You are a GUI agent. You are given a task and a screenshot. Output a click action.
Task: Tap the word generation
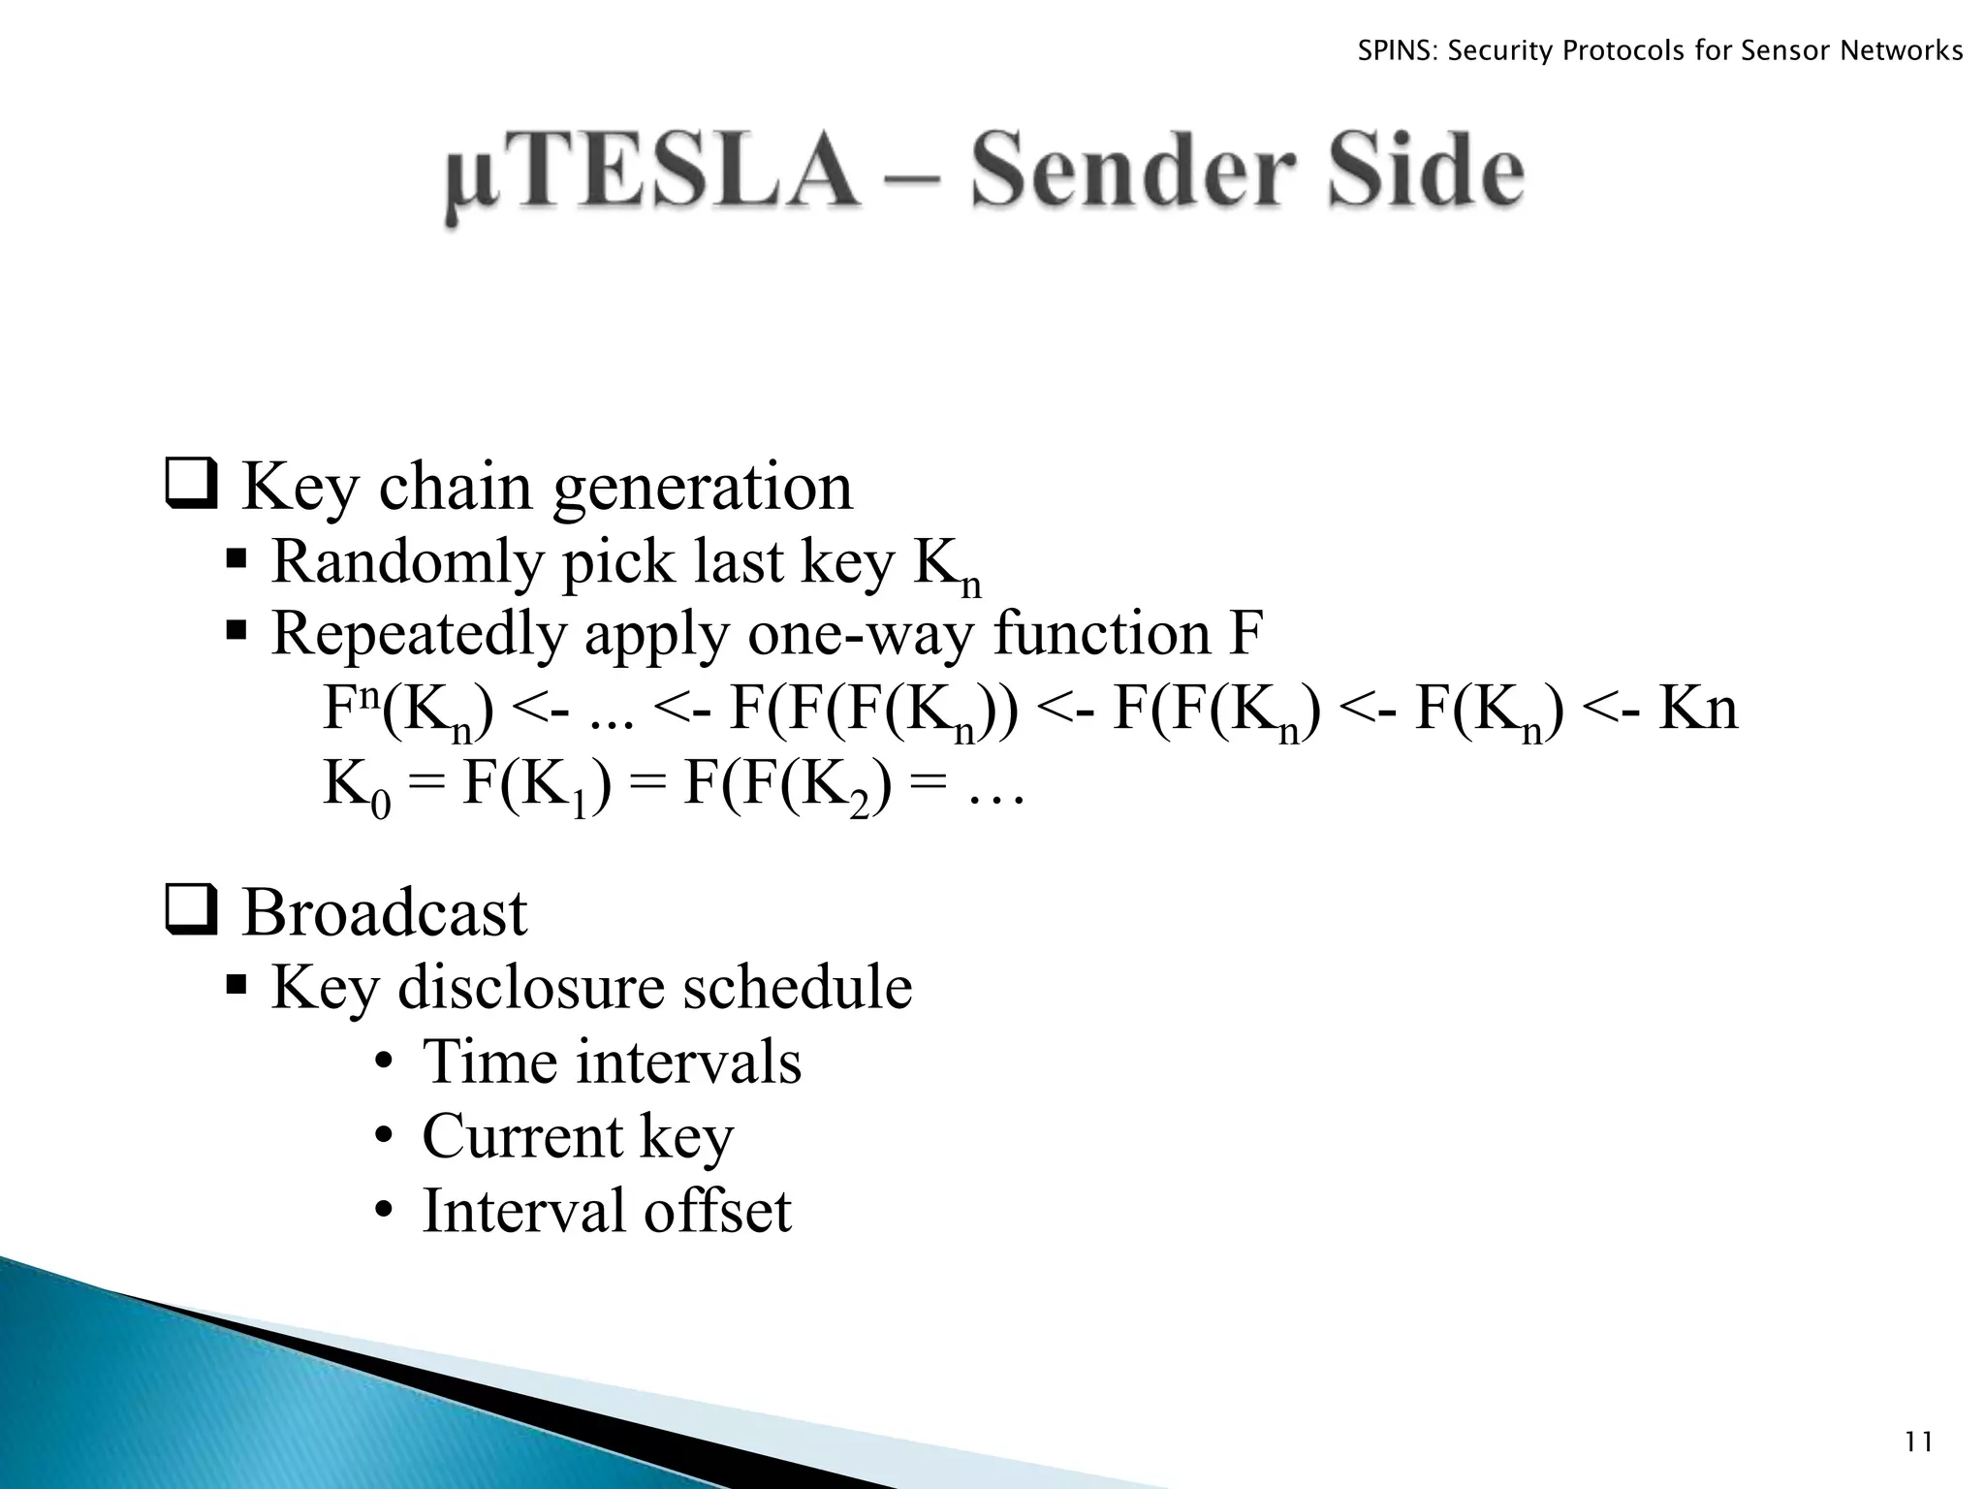click(703, 488)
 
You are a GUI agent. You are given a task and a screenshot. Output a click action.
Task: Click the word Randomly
click(405, 562)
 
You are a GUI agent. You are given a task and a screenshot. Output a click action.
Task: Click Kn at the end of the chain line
click(1698, 710)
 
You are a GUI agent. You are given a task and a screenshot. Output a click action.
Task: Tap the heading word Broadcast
click(384, 913)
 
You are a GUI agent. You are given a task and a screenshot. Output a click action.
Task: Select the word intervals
click(689, 1062)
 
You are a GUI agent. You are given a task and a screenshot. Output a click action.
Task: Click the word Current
click(522, 1136)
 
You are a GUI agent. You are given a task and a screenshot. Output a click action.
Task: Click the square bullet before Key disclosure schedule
click(236, 987)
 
